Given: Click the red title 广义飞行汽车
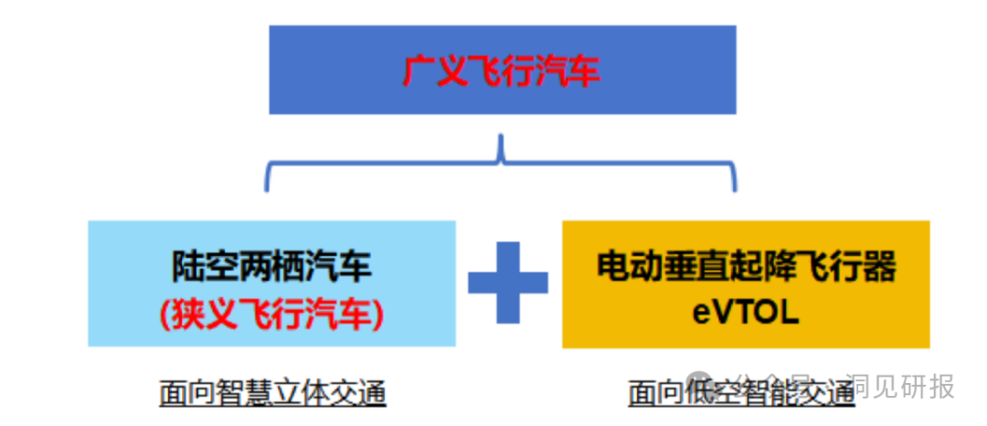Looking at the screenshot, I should pos(502,71).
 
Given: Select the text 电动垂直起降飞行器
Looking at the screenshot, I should pos(746,266).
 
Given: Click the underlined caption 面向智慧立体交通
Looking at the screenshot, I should pos(271,393).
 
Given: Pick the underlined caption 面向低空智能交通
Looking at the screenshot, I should pos(740,394).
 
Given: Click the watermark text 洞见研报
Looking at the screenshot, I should pos(900,387).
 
